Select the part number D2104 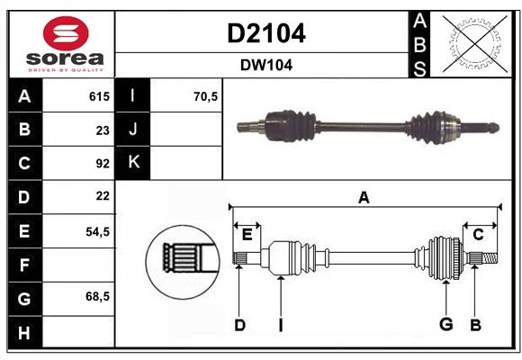(x=265, y=33)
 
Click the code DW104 (x=265, y=65)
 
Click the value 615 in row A (x=98, y=96)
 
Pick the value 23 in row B (x=102, y=130)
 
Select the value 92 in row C (x=102, y=164)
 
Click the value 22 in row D (x=102, y=196)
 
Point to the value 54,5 (x=97, y=231)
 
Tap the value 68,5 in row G (x=97, y=296)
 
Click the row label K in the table (x=133, y=163)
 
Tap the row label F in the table (x=24, y=265)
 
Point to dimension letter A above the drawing (x=364, y=198)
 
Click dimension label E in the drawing (x=247, y=235)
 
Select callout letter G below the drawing (x=445, y=325)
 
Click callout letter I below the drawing (x=280, y=325)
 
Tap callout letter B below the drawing (x=474, y=325)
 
